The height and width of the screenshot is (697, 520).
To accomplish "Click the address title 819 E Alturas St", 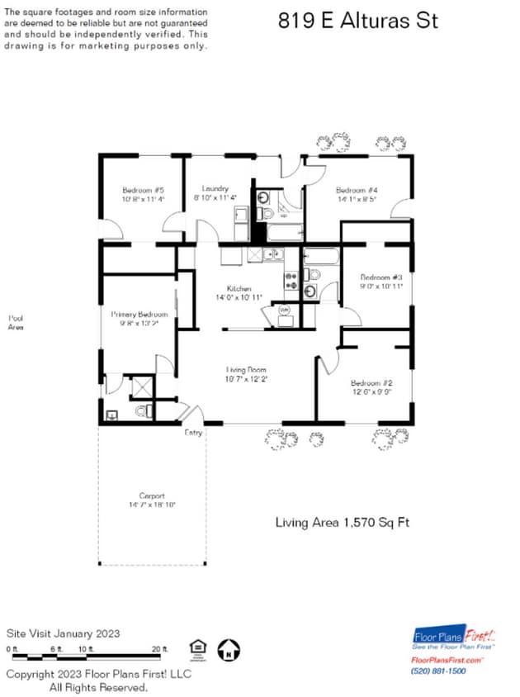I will [357, 21].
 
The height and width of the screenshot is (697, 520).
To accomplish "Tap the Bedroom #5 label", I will [144, 190].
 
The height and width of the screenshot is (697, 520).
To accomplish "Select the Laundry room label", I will [215, 189].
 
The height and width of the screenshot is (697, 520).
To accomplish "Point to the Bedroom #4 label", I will [357, 190].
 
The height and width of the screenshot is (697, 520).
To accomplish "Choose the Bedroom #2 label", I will [371, 383].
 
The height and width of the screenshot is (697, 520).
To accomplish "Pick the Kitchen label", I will [239, 288].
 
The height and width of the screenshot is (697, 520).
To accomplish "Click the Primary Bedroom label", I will [139, 315].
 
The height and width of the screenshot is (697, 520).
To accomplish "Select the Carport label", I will [152, 495].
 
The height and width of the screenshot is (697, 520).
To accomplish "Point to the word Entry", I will [193, 433].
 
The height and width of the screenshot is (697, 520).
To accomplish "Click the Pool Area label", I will [16, 323].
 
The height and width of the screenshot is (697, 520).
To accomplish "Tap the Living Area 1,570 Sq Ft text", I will [342, 522].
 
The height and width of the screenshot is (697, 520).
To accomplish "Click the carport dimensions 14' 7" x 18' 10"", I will [152, 505].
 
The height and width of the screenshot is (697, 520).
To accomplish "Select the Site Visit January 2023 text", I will [64, 633].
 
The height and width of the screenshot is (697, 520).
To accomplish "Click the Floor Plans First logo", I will [454, 638].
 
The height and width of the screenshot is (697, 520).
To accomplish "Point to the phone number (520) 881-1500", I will [438, 671].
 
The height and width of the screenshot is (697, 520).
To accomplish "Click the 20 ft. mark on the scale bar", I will [159, 648].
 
